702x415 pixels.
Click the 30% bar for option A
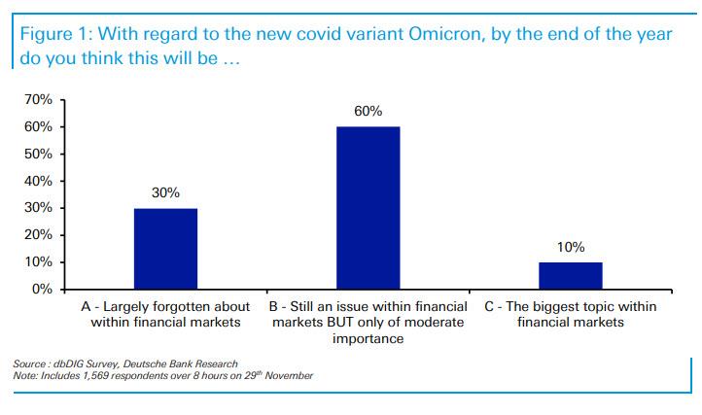tap(164, 249)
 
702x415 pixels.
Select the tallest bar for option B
tap(367, 208)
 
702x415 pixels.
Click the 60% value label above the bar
tap(368, 111)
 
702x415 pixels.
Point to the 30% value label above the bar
tap(165, 192)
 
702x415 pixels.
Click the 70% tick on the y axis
tap(40, 100)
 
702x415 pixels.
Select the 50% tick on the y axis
tap(40, 155)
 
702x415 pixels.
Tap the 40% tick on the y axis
tap(40, 181)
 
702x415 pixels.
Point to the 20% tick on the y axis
tap(40, 235)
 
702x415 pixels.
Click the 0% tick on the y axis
tap(44, 290)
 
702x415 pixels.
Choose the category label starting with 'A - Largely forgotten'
tap(164, 315)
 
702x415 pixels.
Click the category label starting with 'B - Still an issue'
tap(367, 323)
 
